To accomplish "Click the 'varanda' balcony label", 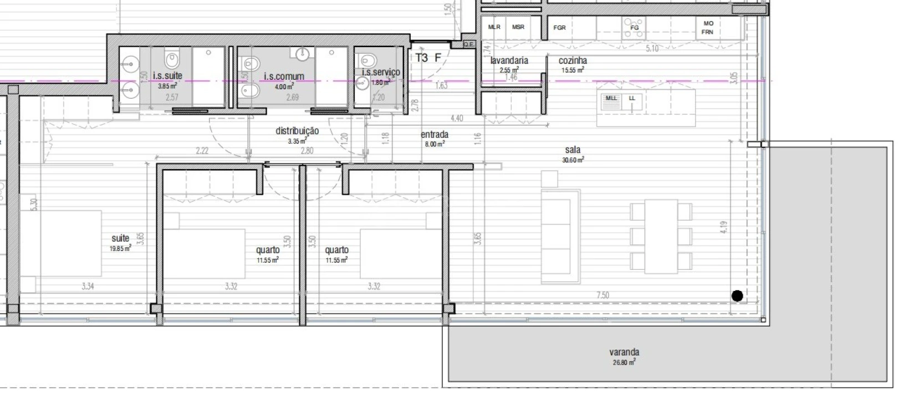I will (x=624, y=352).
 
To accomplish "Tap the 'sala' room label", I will (x=573, y=150).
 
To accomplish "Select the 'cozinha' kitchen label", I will (x=573, y=60).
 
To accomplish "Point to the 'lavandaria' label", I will (x=509, y=60).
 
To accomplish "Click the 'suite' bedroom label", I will (x=120, y=238).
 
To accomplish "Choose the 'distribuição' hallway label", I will (x=297, y=131).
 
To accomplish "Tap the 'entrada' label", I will (x=435, y=134).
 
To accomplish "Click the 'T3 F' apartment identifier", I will (x=428, y=58).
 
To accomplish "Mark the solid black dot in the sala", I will (x=737, y=296).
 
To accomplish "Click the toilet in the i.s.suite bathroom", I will (x=173, y=57).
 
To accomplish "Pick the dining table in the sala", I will (x=661, y=236).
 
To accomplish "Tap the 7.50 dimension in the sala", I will (x=602, y=295).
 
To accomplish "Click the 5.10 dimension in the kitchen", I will (x=652, y=49).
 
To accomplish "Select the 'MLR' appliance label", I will (x=494, y=27).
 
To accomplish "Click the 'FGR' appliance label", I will (x=559, y=27).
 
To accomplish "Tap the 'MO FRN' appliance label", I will (x=708, y=28).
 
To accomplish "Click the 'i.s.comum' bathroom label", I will (x=284, y=76).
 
